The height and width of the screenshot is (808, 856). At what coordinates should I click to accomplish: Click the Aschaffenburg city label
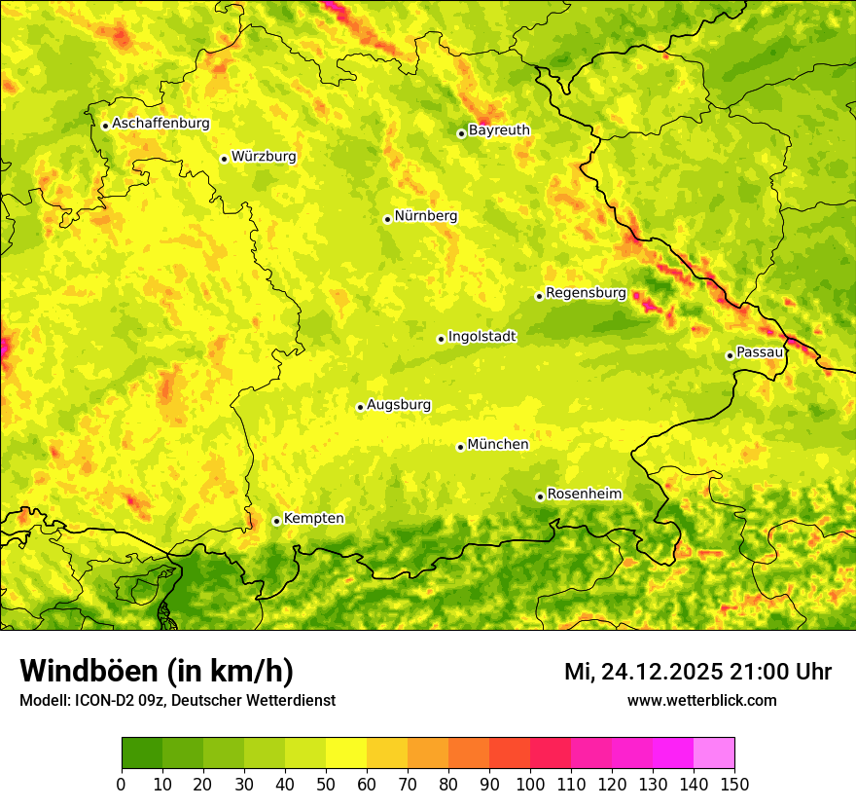pyautogui.click(x=160, y=124)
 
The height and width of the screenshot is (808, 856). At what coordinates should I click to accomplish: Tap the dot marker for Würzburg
pyautogui.click(x=224, y=159)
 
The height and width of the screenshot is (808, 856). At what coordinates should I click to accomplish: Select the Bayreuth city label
pyautogui.click(x=499, y=130)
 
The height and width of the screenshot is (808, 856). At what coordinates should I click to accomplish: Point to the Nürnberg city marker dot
pyautogui.click(x=387, y=219)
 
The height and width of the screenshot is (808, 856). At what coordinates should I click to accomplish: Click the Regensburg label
pyautogui.click(x=586, y=293)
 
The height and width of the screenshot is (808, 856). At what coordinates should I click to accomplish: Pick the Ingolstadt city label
pyautogui.click(x=481, y=337)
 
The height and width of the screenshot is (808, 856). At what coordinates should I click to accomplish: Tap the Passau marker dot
pyautogui.click(x=730, y=355)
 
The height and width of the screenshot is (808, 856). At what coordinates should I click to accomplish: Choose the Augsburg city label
pyautogui.click(x=399, y=405)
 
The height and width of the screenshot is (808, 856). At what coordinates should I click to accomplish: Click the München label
pyautogui.click(x=498, y=445)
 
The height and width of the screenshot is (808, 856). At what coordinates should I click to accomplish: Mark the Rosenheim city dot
pyautogui.click(x=540, y=496)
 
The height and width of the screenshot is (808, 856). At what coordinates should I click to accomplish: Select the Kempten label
pyautogui.click(x=313, y=518)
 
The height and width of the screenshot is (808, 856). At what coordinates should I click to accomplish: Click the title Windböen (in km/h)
pyautogui.click(x=156, y=671)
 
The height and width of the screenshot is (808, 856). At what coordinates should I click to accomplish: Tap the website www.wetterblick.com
pyautogui.click(x=701, y=700)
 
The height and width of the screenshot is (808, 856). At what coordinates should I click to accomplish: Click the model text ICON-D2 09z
pyautogui.click(x=118, y=700)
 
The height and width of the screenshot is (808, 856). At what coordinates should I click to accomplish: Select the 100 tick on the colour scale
pyautogui.click(x=530, y=784)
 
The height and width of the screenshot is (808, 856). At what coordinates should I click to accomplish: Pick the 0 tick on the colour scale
pyautogui.click(x=121, y=784)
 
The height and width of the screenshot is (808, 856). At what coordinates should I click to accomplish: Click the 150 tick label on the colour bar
pyautogui.click(x=734, y=784)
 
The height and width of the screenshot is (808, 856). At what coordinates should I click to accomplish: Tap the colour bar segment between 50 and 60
pyautogui.click(x=346, y=753)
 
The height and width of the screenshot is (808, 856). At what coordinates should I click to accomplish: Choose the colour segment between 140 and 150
pyautogui.click(x=714, y=753)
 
